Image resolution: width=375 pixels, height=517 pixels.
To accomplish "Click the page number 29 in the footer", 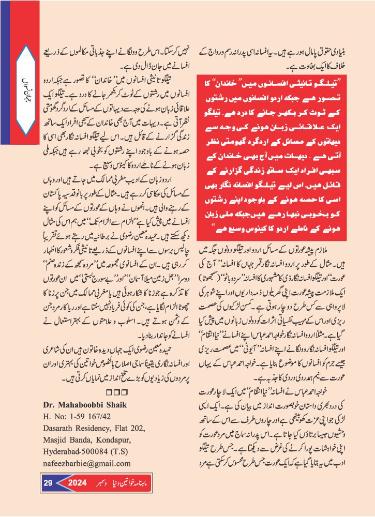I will tap(48, 483).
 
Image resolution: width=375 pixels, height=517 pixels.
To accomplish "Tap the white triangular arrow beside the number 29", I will tap(61, 483).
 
